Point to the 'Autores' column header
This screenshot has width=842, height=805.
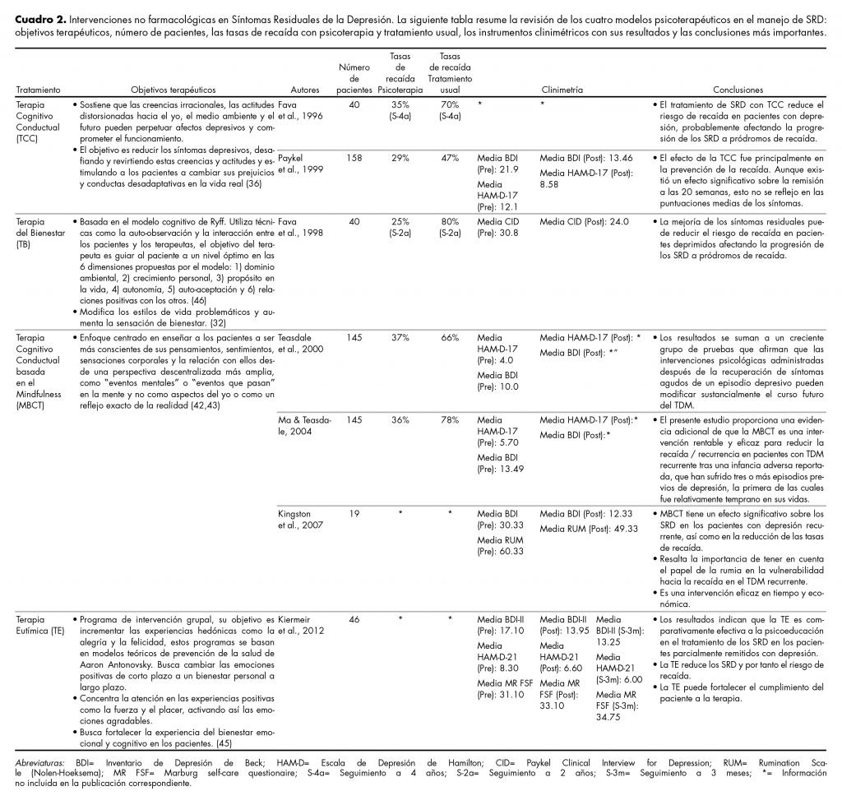pos(305,90)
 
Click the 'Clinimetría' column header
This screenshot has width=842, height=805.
pos(562,90)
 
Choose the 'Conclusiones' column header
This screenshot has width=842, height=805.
pos(738,90)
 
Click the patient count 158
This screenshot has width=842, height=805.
pos(354,155)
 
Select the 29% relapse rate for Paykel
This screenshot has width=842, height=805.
pos(400,155)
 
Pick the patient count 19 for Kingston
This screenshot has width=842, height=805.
pos(354,512)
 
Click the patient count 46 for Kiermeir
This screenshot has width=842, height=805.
pos(354,618)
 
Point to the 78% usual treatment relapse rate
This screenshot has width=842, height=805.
pos(449,419)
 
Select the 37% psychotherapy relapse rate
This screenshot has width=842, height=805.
pos(400,337)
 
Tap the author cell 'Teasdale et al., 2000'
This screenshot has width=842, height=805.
pos(299,343)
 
